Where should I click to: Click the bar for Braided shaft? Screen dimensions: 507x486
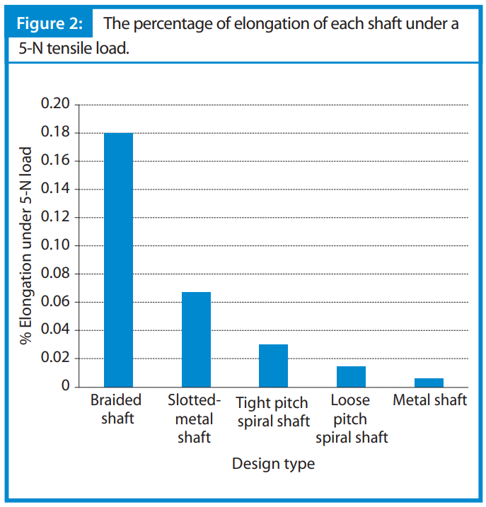118,260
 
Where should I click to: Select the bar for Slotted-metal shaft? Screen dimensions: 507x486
196,339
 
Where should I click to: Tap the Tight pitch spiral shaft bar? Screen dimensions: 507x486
273,366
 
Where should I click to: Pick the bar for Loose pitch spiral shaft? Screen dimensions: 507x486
351,376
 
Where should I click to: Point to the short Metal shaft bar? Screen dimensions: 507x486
429,383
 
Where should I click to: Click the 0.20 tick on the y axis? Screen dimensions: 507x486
55,105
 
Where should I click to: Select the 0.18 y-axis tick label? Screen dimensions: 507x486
55,133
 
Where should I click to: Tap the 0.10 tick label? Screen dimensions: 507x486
55,245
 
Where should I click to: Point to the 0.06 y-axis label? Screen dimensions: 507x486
55,302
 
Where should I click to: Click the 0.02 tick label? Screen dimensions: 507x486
55,359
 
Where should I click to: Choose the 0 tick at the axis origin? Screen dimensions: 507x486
65,387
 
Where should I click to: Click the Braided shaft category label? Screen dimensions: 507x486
116,409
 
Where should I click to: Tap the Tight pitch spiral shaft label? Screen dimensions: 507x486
273,412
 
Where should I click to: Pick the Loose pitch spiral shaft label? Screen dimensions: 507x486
351,419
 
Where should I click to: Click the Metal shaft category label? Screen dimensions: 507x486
429,400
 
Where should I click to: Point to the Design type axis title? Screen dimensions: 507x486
273,464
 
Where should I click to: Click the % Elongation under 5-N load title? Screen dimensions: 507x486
27,246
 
